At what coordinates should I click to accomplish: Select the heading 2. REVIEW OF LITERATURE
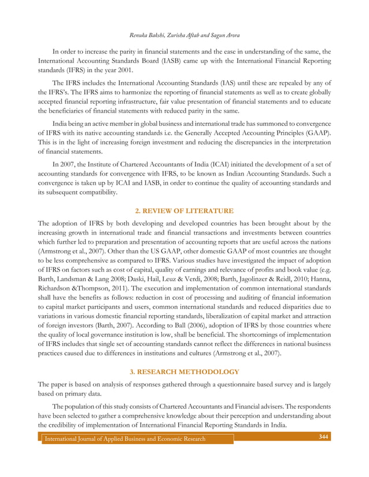pyautogui.click(x=184, y=211)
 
